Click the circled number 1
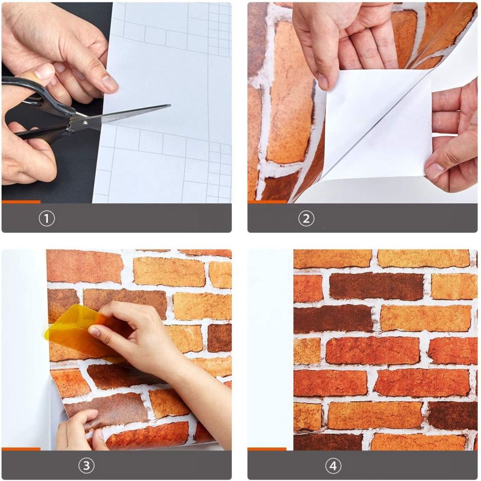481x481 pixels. pos(46,219)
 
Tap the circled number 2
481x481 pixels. pos(306,219)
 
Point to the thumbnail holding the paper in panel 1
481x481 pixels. pos(110,83)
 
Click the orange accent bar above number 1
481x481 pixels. pos(21,202)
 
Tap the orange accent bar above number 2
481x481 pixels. pos(267,202)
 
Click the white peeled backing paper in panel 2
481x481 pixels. pos(377,120)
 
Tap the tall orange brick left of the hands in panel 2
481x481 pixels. pos(289,92)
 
